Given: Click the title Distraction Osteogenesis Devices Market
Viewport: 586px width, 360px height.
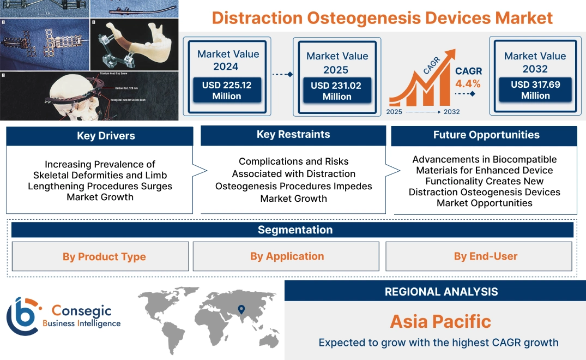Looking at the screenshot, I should (382, 17).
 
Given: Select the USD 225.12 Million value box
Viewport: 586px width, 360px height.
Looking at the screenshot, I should (226, 91).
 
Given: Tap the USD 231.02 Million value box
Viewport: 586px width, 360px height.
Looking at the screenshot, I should (337, 91).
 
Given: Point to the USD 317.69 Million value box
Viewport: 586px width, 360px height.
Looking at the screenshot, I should (535, 90).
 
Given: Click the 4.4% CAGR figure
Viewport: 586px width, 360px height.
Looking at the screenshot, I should (468, 83).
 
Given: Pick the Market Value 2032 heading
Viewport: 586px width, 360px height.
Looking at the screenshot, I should (535, 62).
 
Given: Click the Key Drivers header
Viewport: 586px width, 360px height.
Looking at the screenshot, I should (100, 136).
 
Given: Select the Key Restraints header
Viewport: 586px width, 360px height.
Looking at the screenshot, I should (293, 135).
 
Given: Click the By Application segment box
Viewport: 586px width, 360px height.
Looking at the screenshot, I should (287, 256).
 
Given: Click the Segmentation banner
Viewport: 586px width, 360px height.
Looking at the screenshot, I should (295, 230).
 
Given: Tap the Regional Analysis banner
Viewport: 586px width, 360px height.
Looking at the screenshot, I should (441, 292).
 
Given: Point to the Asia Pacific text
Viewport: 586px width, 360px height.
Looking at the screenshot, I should (440, 322).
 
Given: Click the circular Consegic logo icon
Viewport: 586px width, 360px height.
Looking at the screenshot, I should (23, 316).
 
